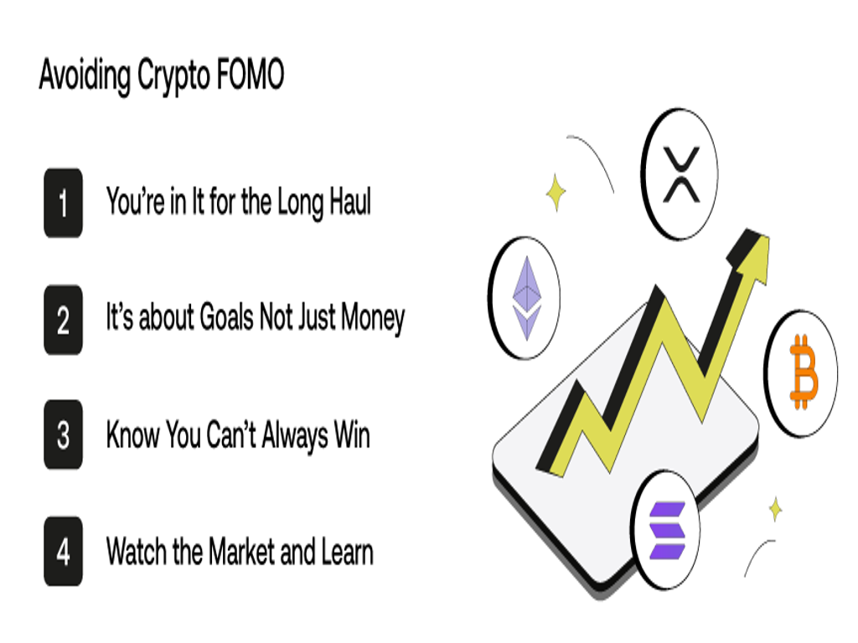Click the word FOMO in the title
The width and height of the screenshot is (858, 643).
(250, 74)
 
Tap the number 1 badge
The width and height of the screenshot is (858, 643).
(64, 203)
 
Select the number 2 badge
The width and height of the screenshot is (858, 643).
(64, 320)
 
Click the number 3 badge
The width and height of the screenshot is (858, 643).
(64, 435)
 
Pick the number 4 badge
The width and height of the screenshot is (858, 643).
(64, 551)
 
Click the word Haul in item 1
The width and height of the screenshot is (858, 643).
(350, 201)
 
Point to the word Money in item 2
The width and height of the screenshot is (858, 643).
(373, 317)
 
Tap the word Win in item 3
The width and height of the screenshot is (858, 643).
(352, 435)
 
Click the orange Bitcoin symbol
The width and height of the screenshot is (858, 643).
(804, 373)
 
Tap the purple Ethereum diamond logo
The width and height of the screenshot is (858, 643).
(526, 299)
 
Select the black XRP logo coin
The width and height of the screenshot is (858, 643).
(680, 174)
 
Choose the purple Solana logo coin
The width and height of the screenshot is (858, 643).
(666, 530)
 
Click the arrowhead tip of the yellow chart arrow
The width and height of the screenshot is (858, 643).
(769, 237)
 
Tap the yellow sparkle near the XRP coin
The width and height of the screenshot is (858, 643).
(556, 193)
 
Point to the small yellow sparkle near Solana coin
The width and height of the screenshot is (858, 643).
(775, 509)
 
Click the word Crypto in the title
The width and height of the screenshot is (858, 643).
(174, 75)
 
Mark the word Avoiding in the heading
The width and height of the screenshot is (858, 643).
(85, 75)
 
